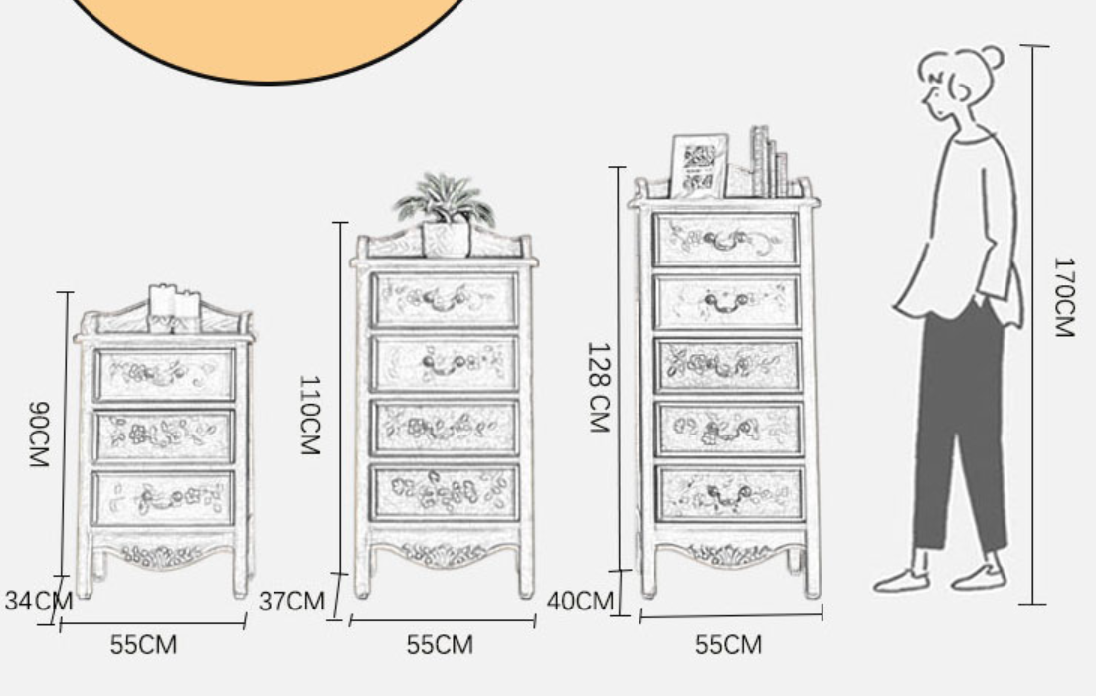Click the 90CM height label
[39, 434]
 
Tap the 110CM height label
[309, 415]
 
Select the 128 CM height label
[599, 388]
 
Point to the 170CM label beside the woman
[1063, 297]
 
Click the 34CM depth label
[38, 601]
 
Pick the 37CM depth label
[291, 601]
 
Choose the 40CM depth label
[580, 601]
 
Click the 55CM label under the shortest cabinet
[143, 645]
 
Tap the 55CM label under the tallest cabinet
[728, 645]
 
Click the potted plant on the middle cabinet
[446, 213]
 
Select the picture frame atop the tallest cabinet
[698, 166]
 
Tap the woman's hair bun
[992, 56]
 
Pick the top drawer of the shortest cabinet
[164, 375]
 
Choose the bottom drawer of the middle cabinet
[445, 493]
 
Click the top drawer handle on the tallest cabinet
[726, 241]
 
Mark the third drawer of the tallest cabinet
[728, 365]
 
